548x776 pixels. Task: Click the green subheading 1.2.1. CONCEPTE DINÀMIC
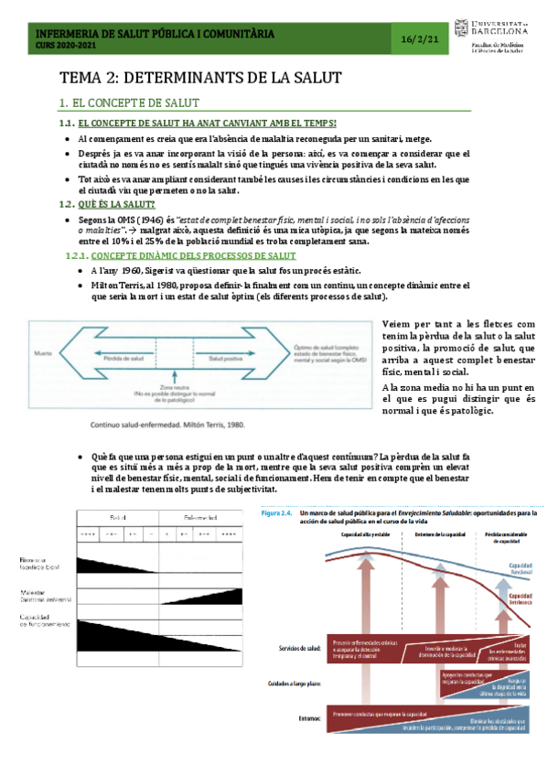click(186, 256)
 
